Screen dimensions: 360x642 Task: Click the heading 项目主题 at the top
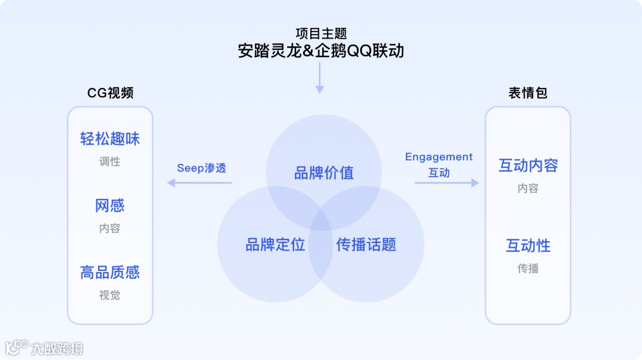click(x=321, y=33)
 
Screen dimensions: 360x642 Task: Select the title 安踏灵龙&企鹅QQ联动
click(x=321, y=51)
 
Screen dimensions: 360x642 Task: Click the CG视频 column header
click(x=110, y=93)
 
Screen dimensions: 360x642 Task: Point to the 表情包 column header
click(x=528, y=93)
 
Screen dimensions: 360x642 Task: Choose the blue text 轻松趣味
click(x=110, y=139)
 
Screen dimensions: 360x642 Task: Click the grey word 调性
click(x=110, y=162)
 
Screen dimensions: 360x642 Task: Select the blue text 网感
click(x=110, y=206)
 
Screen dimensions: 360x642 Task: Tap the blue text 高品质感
click(x=110, y=273)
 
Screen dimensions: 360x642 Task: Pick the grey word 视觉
click(x=110, y=295)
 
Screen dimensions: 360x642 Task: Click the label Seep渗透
click(x=202, y=168)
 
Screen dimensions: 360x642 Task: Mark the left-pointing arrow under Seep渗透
click(x=199, y=183)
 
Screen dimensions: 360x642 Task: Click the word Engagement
click(x=439, y=157)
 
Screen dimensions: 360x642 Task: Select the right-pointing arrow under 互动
click(x=446, y=183)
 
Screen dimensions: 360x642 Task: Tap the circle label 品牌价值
click(x=324, y=173)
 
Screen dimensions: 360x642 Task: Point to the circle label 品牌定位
click(x=275, y=244)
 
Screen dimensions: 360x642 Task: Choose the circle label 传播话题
click(x=366, y=244)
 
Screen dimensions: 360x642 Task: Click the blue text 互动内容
click(x=528, y=166)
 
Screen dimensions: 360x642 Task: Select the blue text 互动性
click(x=528, y=245)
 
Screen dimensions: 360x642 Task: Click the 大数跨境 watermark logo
click(x=45, y=348)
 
